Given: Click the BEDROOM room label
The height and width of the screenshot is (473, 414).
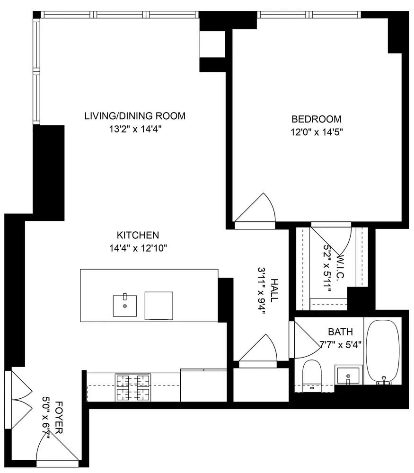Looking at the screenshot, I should click(316, 119).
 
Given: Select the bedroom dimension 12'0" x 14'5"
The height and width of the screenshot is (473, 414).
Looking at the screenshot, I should click(316, 132).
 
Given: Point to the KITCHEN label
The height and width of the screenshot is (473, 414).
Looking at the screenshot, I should click(138, 235).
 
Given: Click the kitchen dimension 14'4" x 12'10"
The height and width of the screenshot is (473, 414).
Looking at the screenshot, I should click(138, 248).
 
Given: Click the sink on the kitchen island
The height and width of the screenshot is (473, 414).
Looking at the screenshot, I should click(125, 306).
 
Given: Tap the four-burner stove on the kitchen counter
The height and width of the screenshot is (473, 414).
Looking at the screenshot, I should click(132, 387).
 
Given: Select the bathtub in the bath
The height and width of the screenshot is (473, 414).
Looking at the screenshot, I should click(384, 351).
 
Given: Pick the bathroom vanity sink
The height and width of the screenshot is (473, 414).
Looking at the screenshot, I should click(349, 375).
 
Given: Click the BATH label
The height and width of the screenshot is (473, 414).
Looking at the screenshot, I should click(340, 332).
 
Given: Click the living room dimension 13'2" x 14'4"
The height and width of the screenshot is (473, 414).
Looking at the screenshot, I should click(135, 129).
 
